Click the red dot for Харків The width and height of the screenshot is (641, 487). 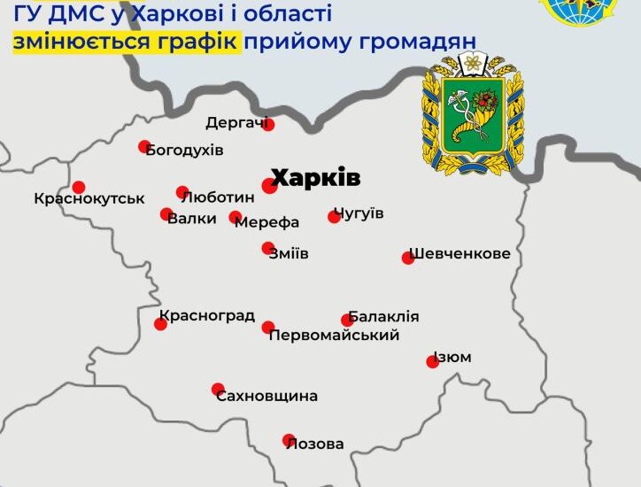[x=270, y=185]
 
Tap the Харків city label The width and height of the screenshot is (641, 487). [x=315, y=177]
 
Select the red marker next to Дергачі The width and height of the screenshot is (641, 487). [x=268, y=125]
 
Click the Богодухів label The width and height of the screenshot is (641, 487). [x=185, y=150]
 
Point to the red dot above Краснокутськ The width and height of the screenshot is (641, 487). [x=79, y=187]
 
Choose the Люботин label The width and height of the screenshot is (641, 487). [x=217, y=197]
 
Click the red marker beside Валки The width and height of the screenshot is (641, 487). [x=166, y=213]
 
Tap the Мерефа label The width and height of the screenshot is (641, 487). [x=267, y=222]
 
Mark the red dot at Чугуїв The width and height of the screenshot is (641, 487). [x=334, y=216]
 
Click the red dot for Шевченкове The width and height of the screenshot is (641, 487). [x=408, y=258]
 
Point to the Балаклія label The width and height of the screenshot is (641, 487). [x=383, y=316]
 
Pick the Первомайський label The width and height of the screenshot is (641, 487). [x=334, y=335]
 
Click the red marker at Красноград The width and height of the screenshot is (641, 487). [x=160, y=324]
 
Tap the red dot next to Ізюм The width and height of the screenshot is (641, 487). [x=432, y=361]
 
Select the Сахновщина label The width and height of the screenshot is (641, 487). [x=266, y=396]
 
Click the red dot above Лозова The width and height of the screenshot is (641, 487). [x=288, y=439]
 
